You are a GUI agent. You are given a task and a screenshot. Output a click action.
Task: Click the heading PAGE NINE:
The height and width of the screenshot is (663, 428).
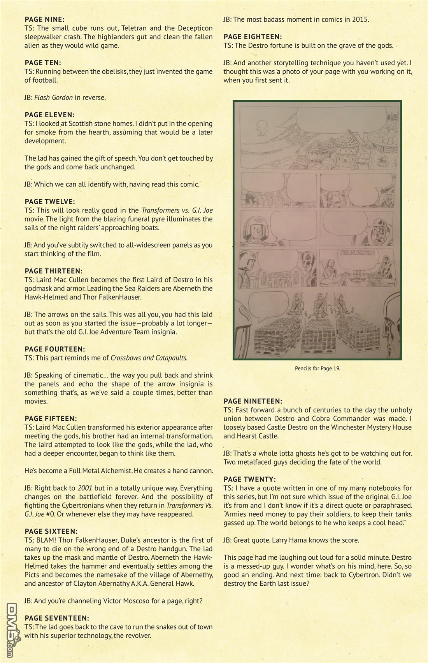(44, 19)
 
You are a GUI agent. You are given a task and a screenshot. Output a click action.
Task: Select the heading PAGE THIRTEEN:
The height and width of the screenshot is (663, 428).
(53, 271)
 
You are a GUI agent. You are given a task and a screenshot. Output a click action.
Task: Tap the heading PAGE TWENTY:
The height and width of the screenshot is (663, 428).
(249, 479)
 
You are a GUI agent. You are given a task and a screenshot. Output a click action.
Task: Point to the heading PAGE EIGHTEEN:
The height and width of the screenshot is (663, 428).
(252, 37)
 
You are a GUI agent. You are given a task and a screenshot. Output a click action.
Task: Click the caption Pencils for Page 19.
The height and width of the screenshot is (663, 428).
(317, 368)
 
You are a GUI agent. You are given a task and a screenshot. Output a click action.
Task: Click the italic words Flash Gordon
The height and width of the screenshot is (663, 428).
(53, 97)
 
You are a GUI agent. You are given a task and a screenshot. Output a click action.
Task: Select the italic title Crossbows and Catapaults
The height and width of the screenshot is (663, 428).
(149, 358)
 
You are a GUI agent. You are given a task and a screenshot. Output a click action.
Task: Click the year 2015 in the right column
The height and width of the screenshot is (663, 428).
(361, 19)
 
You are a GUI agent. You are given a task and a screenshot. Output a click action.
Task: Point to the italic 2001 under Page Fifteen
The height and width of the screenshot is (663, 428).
(85, 488)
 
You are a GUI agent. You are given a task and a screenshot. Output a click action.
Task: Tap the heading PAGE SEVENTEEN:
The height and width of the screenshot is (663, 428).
(57, 618)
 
